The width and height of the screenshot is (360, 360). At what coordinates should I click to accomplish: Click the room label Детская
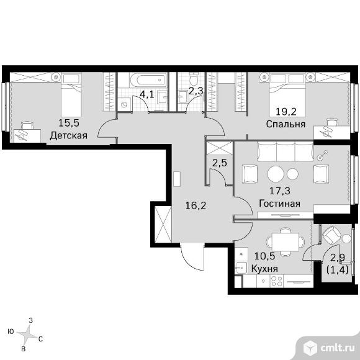coord(69,135)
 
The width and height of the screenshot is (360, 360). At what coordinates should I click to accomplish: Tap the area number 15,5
coord(69,123)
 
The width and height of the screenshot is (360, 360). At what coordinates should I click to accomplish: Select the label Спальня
coord(286,124)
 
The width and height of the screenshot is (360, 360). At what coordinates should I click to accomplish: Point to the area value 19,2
coord(286,112)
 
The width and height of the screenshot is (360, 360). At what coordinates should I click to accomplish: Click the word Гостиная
coord(280,204)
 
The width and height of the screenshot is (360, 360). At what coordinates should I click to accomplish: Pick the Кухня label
coord(264,268)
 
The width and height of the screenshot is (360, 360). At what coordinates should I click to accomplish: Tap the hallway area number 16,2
coord(196,205)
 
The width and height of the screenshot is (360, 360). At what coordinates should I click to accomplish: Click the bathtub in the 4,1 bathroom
coord(148,80)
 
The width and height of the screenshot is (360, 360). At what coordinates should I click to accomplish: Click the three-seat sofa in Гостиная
coord(286,151)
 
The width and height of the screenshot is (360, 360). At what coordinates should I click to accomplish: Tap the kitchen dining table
coord(286,242)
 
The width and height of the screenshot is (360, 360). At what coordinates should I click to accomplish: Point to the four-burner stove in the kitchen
coord(277,281)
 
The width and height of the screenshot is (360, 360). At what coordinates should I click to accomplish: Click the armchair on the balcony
coord(331,235)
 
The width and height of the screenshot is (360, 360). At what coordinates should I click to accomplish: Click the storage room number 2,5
coord(220,163)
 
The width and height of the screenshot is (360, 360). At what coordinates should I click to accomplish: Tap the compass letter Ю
coord(11,331)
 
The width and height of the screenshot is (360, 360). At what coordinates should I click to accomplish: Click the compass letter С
coord(40,339)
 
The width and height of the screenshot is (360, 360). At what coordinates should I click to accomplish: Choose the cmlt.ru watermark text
coord(338,349)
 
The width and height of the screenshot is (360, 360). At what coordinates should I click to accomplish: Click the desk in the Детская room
coord(27,136)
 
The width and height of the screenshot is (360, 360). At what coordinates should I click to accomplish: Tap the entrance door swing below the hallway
coord(192,257)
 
